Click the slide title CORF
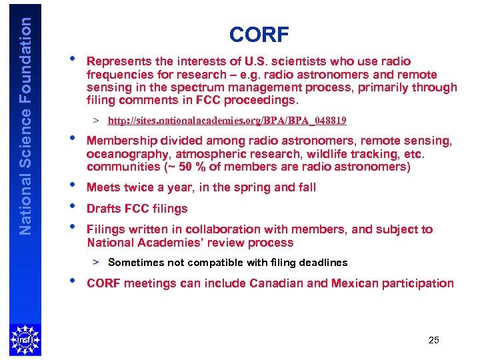click(259, 34)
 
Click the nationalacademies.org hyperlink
click(227, 121)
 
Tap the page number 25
click(433, 341)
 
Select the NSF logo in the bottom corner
click(25, 339)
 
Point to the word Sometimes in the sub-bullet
click(137, 263)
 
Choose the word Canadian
click(279, 283)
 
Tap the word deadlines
click(324, 263)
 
